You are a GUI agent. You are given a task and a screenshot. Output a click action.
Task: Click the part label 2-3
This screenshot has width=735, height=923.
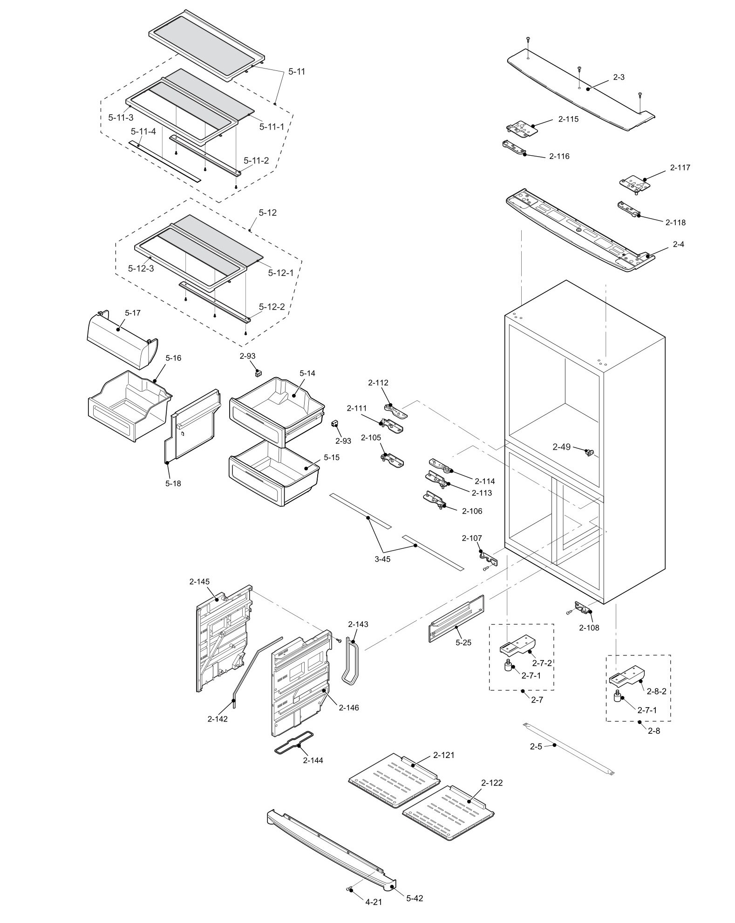tap(619, 77)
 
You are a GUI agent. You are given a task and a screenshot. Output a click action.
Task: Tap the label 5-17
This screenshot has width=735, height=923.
tap(133, 313)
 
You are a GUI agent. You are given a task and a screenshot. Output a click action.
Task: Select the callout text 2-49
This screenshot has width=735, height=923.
tap(561, 447)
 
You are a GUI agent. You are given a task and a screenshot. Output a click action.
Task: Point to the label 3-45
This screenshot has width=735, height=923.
tap(382, 559)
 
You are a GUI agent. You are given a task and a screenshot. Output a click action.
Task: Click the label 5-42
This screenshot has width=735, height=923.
tap(415, 898)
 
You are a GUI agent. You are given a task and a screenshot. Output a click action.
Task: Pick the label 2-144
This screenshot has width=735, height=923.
tap(313, 760)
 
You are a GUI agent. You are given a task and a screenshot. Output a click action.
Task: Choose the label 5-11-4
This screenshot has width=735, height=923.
tap(143, 131)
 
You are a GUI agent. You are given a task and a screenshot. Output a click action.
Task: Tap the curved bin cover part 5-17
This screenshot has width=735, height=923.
tap(122, 339)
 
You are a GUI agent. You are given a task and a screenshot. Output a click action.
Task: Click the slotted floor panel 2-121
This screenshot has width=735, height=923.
tap(394, 781)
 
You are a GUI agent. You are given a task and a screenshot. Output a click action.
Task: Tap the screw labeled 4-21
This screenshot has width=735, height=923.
tap(349, 889)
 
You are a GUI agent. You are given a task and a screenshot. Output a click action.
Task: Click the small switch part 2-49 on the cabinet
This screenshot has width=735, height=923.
tap(591, 451)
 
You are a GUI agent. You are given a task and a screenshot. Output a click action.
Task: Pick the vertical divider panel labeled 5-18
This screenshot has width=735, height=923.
tap(192, 427)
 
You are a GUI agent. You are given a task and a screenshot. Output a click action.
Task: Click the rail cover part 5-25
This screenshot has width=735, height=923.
tap(456, 618)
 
